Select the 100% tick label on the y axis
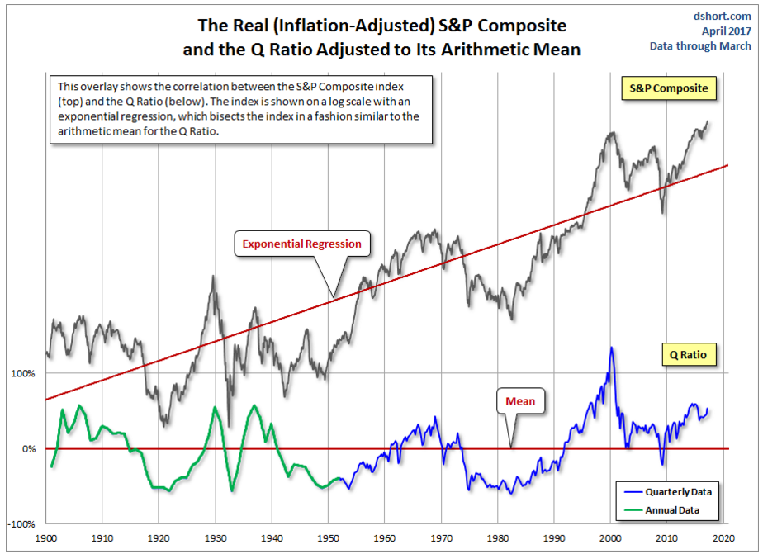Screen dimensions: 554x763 coord(23,373)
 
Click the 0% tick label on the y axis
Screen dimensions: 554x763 coord(27,449)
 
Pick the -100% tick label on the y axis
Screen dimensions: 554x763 coord(21,524)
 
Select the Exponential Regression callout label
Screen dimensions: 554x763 coord(301,244)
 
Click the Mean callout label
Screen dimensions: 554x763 coord(520,401)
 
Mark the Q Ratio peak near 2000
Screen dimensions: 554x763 coord(611,348)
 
